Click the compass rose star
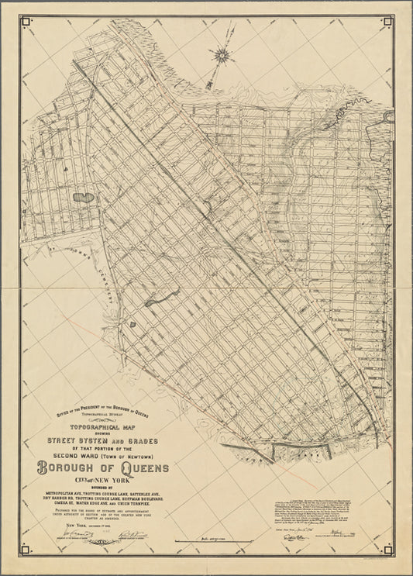click(x=222, y=54)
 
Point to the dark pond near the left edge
click(x=83, y=198)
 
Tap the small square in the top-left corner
click(x=26, y=22)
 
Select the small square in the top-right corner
click(x=387, y=22)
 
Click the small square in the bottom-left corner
click(x=26, y=550)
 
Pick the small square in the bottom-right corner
click(x=387, y=550)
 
